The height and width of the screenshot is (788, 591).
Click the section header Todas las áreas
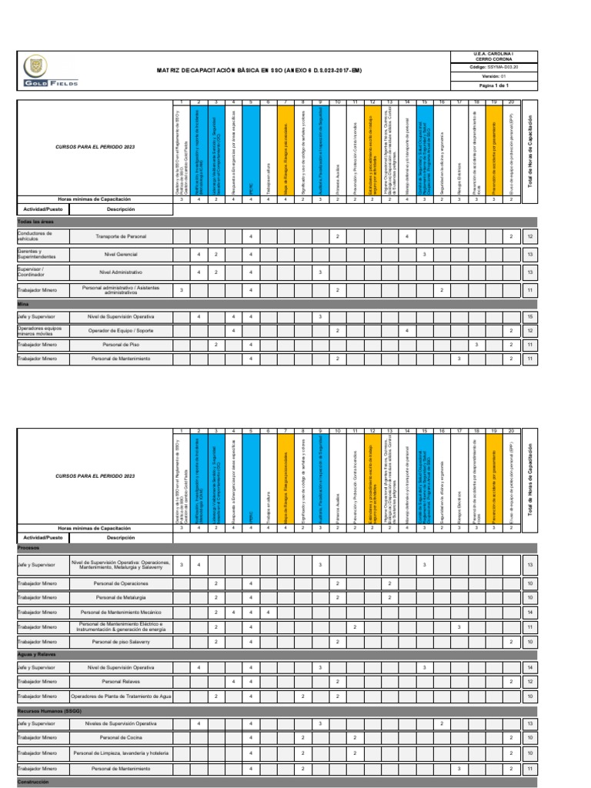tap(35, 221)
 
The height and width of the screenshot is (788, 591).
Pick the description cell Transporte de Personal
tap(121, 236)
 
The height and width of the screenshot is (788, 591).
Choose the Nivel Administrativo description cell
tap(121, 272)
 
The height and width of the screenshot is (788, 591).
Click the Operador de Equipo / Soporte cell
tap(121, 330)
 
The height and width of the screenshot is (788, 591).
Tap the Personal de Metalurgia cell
tap(121, 597)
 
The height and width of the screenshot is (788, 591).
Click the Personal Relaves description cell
tap(121, 682)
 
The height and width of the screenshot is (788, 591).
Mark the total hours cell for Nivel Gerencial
tap(531, 254)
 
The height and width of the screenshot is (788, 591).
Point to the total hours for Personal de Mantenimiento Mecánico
tap(531, 612)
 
